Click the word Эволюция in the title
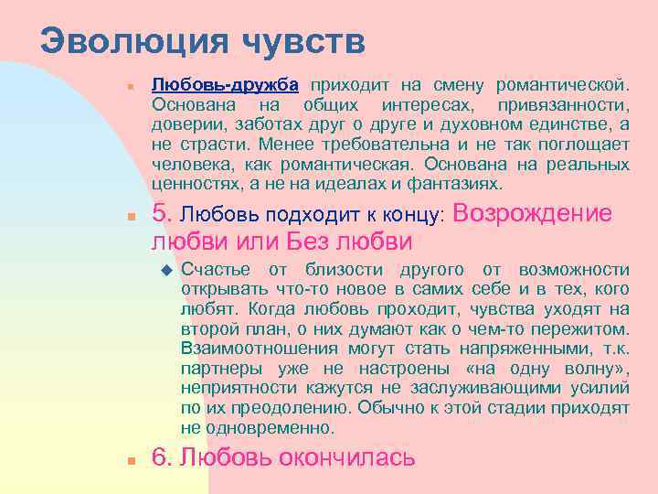(x=135, y=41)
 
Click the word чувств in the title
(x=304, y=41)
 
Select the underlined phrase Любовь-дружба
(x=225, y=85)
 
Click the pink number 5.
(x=161, y=213)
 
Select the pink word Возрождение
(x=532, y=213)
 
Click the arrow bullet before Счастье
(x=165, y=270)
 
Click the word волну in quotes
(x=585, y=369)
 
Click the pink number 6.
(x=161, y=457)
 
